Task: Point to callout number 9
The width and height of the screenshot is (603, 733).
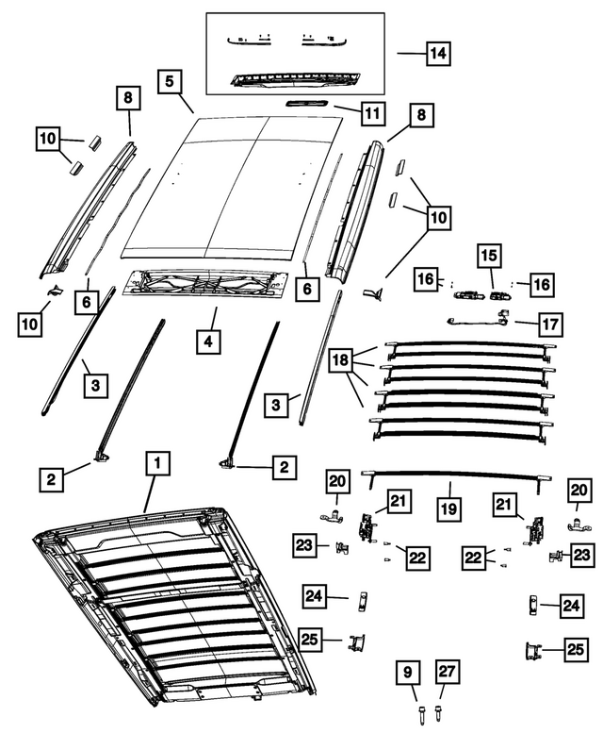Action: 407,673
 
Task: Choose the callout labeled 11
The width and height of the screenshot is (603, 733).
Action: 371,113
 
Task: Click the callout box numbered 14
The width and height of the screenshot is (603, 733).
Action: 435,55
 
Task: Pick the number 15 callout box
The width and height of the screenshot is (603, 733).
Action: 489,257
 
